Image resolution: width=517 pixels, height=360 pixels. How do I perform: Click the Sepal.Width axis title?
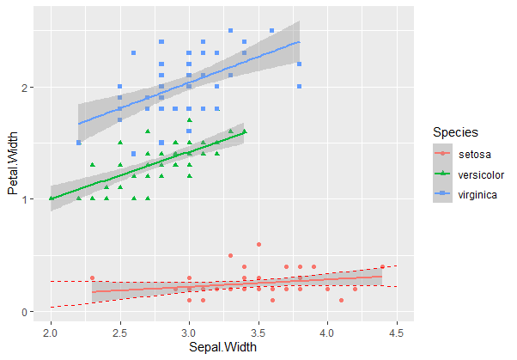pyautogui.click(x=223, y=346)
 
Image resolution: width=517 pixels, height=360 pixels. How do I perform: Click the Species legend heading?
pyautogui.click(x=456, y=132)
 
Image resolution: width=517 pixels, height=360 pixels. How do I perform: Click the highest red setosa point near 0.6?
pyautogui.click(x=258, y=245)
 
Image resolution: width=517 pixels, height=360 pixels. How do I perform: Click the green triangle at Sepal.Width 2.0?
pyautogui.click(x=51, y=198)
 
